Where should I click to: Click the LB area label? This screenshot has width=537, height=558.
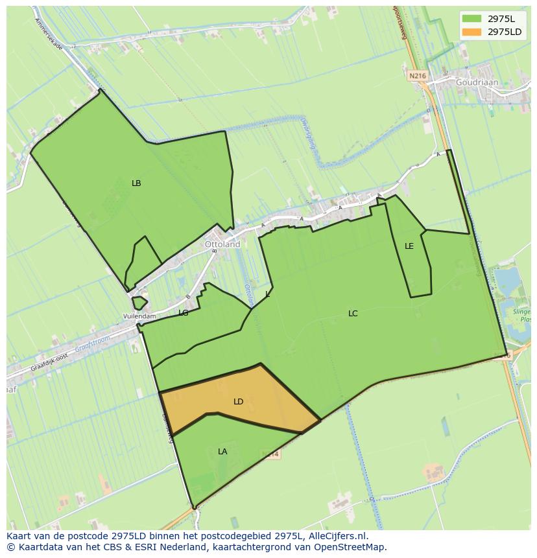[136, 183]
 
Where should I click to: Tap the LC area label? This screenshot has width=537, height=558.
[353, 314]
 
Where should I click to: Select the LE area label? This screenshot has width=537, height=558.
[409, 246]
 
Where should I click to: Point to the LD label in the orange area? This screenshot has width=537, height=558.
[239, 402]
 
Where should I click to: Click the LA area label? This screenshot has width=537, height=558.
[222, 452]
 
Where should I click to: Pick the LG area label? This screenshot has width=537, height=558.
[184, 313]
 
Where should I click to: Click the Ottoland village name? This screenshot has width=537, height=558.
[222, 244]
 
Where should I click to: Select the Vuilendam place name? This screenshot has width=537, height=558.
[140, 316]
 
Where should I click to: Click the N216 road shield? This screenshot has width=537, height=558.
[418, 76]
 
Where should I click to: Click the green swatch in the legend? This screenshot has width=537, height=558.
[472, 19]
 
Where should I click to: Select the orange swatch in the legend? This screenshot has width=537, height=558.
[472, 32]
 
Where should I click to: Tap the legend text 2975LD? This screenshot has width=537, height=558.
[505, 32]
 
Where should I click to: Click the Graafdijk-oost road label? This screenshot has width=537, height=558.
[49, 363]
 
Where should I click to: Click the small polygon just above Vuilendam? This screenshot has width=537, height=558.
[139, 303]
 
